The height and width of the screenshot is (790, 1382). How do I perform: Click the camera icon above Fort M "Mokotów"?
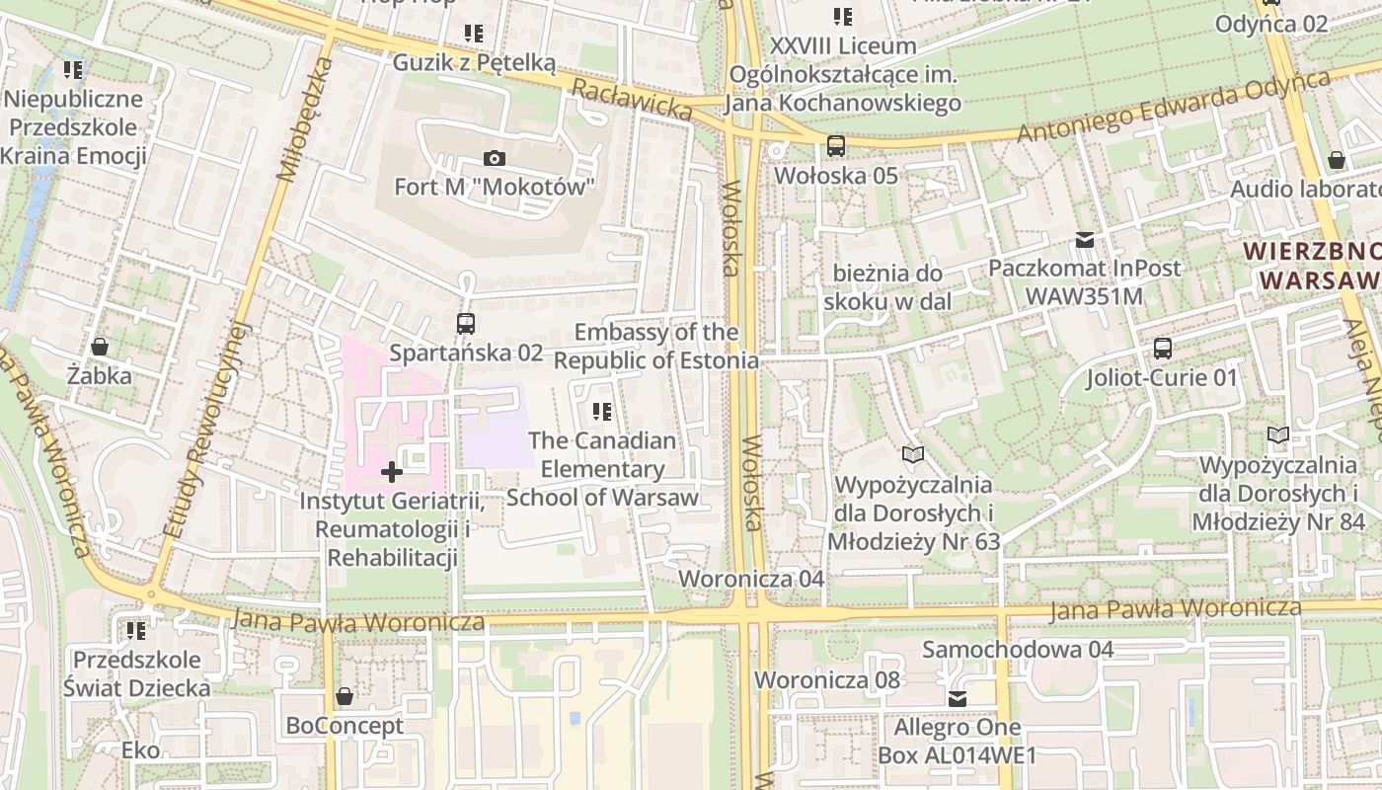pos(495,158)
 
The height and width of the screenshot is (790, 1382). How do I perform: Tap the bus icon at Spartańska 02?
pos(465,323)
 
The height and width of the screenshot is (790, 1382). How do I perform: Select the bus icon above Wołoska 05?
pos(836,146)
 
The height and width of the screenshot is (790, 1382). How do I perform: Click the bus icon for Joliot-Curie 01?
pos(1163,348)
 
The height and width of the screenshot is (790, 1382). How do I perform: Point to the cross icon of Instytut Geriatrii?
pos(392,472)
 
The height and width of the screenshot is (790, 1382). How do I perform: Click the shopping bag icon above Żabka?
pos(100,347)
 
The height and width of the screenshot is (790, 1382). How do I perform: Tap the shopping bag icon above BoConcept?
pos(344,696)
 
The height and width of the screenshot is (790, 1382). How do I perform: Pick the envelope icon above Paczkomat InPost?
pos(1085,239)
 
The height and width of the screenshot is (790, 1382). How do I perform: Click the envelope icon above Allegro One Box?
pos(957,699)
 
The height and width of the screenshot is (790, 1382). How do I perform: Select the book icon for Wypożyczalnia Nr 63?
pos(913,454)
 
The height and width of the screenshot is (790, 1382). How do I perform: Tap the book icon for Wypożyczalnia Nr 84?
pos(1278,434)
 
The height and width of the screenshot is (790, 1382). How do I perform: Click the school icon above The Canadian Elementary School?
pos(601,411)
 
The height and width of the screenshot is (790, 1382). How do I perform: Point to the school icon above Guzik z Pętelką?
pos(474,34)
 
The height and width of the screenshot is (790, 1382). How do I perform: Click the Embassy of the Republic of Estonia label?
pos(656,346)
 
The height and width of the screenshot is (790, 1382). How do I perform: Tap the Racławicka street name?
pos(632,99)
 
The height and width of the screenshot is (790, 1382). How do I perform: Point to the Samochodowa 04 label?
pos(1018,649)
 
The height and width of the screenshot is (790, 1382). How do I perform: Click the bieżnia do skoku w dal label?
pos(887,287)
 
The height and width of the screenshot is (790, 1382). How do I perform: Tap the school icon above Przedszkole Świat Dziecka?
pos(136,630)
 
